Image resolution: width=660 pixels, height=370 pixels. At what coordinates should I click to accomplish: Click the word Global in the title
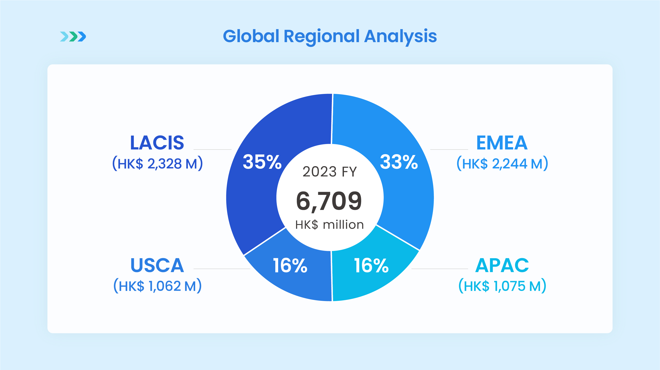point(251,36)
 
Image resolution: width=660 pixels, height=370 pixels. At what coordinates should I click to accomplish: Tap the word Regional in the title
point(322,37)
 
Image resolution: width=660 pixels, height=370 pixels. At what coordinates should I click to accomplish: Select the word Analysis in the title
point(400,37)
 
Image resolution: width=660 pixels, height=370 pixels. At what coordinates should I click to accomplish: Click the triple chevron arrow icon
point(73,36)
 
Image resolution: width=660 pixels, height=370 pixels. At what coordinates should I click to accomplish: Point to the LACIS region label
point(157,143)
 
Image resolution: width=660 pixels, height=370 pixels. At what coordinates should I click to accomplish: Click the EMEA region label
point(502,143)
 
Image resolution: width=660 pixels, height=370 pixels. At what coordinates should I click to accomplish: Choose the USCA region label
point(157,265)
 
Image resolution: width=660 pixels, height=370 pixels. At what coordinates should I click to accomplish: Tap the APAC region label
point(502,265)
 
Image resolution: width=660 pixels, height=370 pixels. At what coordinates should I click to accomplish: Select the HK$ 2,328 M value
point(157,164)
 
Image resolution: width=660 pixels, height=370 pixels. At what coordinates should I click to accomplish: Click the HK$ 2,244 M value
point(502,164)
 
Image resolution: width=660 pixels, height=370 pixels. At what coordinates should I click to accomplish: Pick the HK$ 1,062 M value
point(157,286)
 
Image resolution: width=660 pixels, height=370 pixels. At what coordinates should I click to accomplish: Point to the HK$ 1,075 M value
point(502,286)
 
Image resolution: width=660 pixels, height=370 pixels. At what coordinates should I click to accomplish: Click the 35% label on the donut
point(262,162)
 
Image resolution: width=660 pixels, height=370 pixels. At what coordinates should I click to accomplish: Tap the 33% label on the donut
point(399,162)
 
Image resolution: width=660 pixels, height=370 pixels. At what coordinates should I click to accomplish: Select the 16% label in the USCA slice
point(290,265)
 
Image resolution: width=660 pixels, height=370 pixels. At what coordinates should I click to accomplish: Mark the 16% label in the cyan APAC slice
point(371,265)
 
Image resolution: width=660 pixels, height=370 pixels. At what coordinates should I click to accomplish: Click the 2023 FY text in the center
point(330,171)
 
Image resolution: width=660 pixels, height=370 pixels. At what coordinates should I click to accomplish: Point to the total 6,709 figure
point(329,201)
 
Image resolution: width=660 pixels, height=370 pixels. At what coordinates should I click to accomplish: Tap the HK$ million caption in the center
point(330,225)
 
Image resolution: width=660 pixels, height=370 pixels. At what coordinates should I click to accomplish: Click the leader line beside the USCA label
point(222,269)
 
